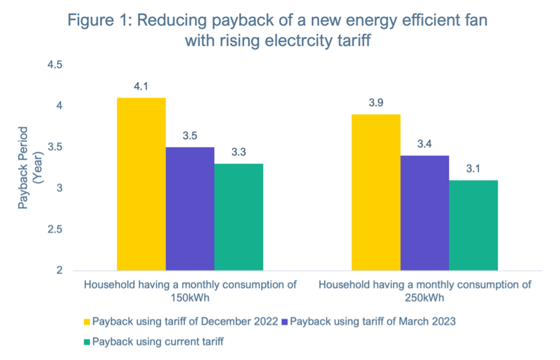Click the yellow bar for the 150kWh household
point(141,184)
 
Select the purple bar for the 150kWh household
point(190,209)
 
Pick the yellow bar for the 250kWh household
point(376,193)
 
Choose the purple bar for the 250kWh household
point(425,213)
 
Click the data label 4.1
point(141,87)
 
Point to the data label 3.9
point(376,103)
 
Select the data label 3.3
point(239,153)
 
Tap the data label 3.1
point(473,169)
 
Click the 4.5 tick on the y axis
point(55,65)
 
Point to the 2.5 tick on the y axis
point(55,230)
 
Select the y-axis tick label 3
point(59,188)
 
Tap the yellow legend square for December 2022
point(87,321)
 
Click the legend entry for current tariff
point(153,341)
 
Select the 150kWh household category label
point(190,291)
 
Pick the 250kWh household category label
point(425,291)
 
